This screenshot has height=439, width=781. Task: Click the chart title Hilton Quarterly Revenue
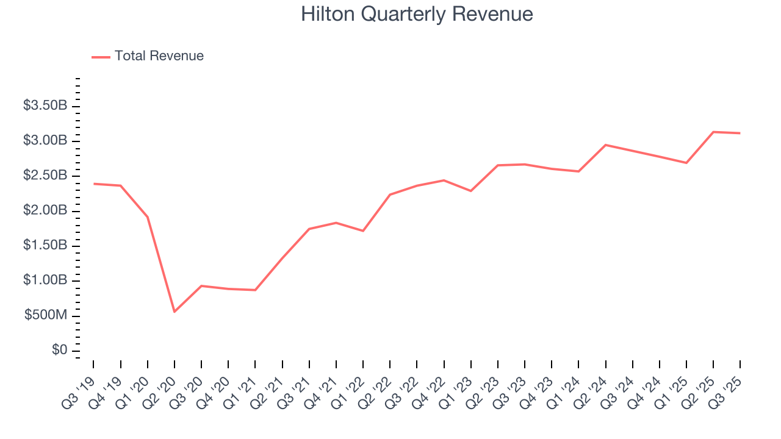point(417,14)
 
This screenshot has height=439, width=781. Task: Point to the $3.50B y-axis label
point(45,106)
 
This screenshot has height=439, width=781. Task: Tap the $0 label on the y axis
point(59,351)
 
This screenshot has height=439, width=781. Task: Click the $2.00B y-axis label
point(45,211)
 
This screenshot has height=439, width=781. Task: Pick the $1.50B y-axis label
point(45,246)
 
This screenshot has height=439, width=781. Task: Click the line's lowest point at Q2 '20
point(175,312)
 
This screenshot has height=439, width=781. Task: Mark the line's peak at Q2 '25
point(713,132)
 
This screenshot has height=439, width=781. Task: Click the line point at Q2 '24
point(605,145)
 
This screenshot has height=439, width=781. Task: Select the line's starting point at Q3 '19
point(93,184)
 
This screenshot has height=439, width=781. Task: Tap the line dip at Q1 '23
point(471,191)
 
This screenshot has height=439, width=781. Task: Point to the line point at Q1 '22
point(363,230)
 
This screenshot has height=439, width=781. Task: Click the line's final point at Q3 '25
point(740,133)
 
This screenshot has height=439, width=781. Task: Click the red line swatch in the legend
point(101,57)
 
